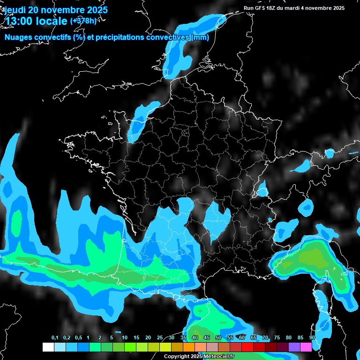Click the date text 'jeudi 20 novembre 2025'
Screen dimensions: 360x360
[x=56, y=10]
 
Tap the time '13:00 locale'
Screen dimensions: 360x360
[x=36, y=21]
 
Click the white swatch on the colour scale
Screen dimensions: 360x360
[x=48, y=347]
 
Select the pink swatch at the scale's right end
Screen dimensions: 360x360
[x=306, y=347]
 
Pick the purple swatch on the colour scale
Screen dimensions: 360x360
[x=294, y=347]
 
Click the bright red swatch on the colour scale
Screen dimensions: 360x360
[x=247, y=347]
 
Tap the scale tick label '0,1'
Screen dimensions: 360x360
[x=55, y=338]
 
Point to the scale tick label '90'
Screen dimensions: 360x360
[x=312, y=338]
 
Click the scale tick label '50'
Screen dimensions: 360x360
[x=218, y=338]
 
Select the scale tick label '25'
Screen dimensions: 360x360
[x=160, y=338]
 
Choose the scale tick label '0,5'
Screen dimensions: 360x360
[x=78, y=338]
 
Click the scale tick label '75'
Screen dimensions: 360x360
[x=277, y=338]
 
